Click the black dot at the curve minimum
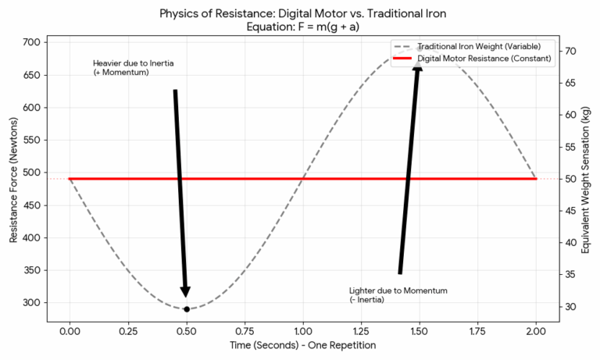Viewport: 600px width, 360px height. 186,309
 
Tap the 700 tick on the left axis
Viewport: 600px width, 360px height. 32,42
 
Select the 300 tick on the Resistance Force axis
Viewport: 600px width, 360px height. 32,303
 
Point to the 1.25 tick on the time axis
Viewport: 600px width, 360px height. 361,332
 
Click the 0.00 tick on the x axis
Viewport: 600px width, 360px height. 70,332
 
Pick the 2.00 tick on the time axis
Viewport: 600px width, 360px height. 536,332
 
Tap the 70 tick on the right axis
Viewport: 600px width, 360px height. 571,51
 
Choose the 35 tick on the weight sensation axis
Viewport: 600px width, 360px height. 571,274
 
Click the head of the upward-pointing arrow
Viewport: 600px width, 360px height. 418,65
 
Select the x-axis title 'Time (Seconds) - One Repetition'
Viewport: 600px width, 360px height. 302,345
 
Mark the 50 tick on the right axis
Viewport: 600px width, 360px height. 571,179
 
